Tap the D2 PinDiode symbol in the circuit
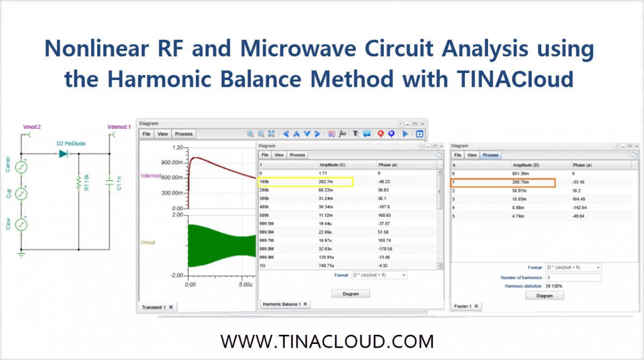64,153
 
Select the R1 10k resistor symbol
79,183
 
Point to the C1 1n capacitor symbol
110,182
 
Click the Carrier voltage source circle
21,167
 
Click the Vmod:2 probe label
32,127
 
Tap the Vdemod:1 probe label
119,127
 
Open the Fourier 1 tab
464,306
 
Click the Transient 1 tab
154,307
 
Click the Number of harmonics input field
573,277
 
